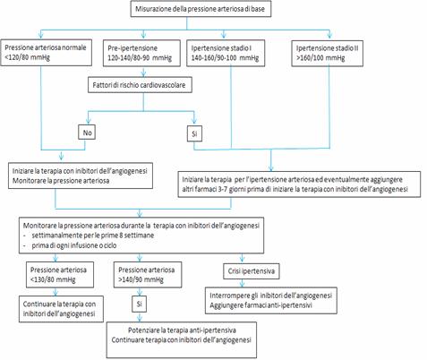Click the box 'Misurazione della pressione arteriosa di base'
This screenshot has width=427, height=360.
pos(201,9)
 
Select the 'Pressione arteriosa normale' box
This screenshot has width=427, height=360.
pos(46,53)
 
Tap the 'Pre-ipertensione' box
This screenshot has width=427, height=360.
pos(141,53)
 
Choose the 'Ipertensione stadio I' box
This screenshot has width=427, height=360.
pos(226,53)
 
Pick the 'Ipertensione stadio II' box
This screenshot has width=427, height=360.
pos(327,53)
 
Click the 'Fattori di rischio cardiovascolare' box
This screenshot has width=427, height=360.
pos(140,85)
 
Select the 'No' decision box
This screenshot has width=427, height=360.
pos(87,133)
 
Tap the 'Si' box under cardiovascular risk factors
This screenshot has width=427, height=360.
pos(194,134)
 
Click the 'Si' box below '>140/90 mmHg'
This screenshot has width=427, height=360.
pos(139,304)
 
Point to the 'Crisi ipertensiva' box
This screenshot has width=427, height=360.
pos(252,271)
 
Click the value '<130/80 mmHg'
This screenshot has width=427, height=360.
pos(53,280)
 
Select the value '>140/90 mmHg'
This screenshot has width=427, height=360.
pos(141,280)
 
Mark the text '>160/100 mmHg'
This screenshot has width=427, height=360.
pos(320,58)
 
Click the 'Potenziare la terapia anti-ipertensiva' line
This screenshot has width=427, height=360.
pos(182,330)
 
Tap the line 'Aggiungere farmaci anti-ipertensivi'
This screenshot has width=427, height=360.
pos(260,305)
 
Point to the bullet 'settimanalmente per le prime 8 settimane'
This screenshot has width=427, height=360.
pos(93,236)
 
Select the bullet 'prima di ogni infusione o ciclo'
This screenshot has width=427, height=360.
pos(74,245)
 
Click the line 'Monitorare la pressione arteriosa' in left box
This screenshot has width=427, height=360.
pos(61,181)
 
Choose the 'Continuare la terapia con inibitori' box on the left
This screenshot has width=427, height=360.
pos(61,309)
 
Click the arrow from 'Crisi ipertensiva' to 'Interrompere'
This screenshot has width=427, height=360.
pos(242,283)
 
